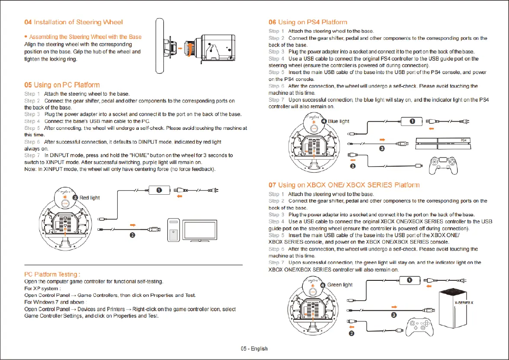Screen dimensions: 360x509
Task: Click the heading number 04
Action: tap(28, 22)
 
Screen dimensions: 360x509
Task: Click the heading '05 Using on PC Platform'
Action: tap(62, 85)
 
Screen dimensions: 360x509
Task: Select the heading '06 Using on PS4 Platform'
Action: tap(307, 22)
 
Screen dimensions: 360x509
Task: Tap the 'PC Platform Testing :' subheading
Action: tap(52, 274)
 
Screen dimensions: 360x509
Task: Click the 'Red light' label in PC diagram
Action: tap(90, 198)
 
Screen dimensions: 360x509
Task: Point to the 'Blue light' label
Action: tap(339, 121)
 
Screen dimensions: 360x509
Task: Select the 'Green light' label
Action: tap(339, 285)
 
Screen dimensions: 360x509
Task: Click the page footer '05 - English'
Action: tap(254, 349)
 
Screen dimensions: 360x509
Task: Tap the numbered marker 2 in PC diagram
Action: tap(133, 235)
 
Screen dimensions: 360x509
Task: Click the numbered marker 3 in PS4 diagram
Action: tap(382, 149)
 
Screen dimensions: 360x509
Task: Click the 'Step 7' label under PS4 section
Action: tap(276, 100)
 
